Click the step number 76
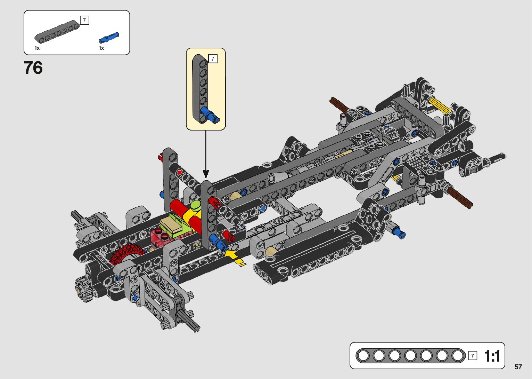[x=33, y=68]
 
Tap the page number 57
[x=518, y=367]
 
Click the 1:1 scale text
[x=492, y=356]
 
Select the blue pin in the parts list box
[x=109, y=38]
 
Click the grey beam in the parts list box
[x=57, y=32]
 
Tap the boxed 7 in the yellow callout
[x=213, y=58]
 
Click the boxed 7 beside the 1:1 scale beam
[x=472, y=356]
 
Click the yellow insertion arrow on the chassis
[x=234, y=257]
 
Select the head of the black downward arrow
[x=206, y=174]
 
